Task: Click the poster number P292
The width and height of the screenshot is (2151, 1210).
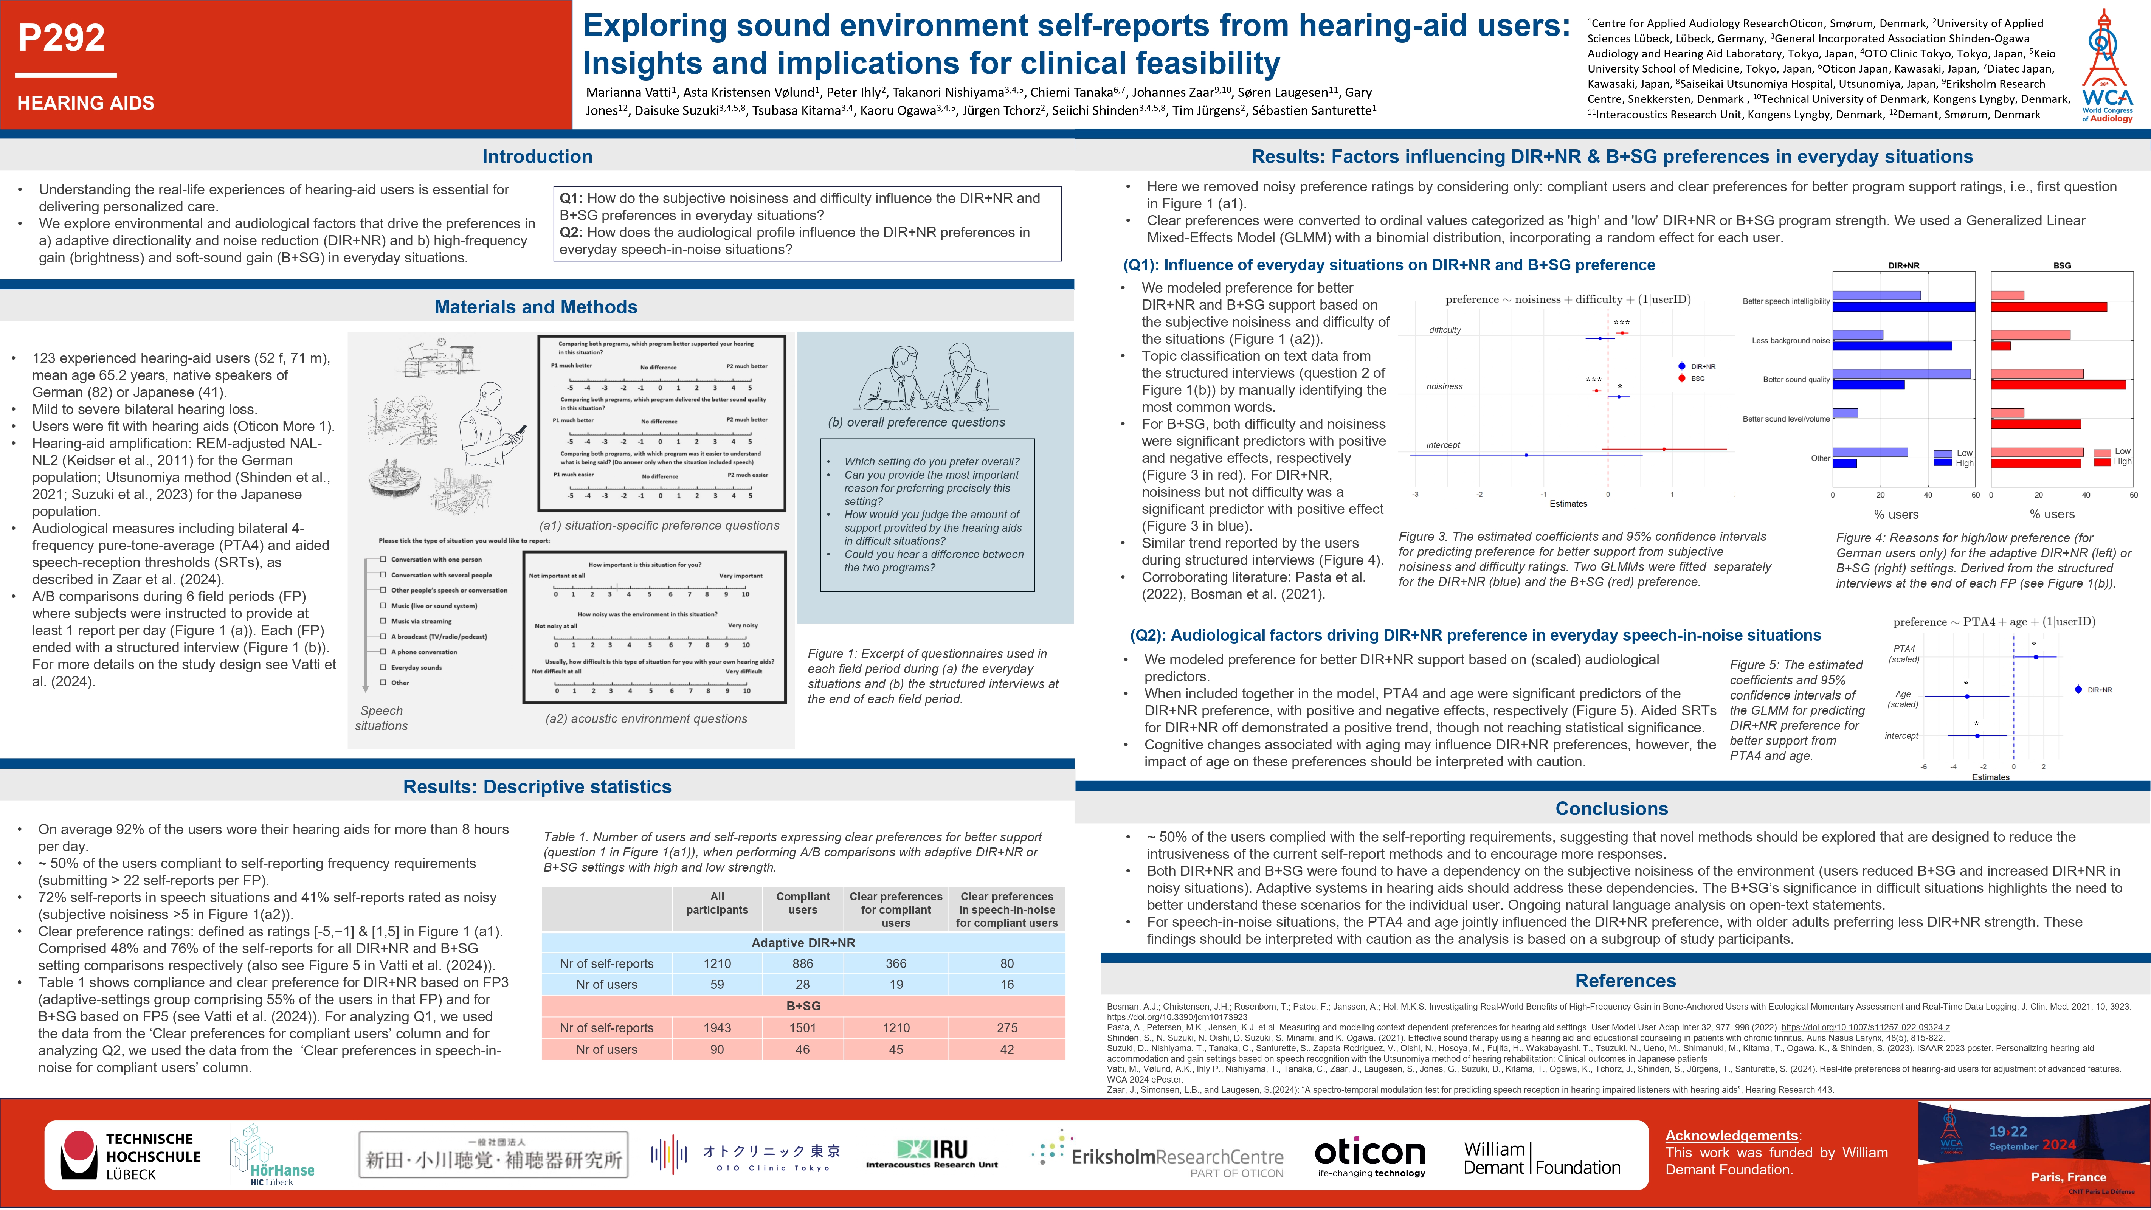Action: (62, 37)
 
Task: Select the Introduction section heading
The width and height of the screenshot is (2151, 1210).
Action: (537, 156)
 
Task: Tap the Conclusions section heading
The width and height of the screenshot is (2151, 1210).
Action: (1611, 808)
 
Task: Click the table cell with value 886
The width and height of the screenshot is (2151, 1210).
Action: (802, 964)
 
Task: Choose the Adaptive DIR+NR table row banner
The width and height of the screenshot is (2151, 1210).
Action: (802, 943)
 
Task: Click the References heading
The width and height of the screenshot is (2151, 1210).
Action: (1625, 980)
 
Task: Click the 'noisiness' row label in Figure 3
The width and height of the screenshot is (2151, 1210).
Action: (1445, 386)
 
